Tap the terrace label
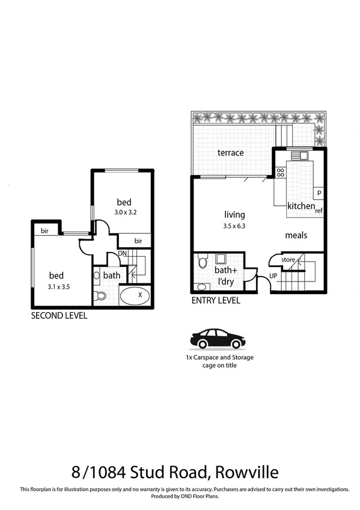pos(231,153)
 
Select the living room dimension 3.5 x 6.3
pos(234,226)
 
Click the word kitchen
pos(301,206)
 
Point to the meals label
pos(296,235)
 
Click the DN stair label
pos(122,253)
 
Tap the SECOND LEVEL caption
pos(59,315)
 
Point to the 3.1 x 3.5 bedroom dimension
pos(59,287)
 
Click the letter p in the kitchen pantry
pos(319,192)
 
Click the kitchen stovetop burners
pos(280,173)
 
